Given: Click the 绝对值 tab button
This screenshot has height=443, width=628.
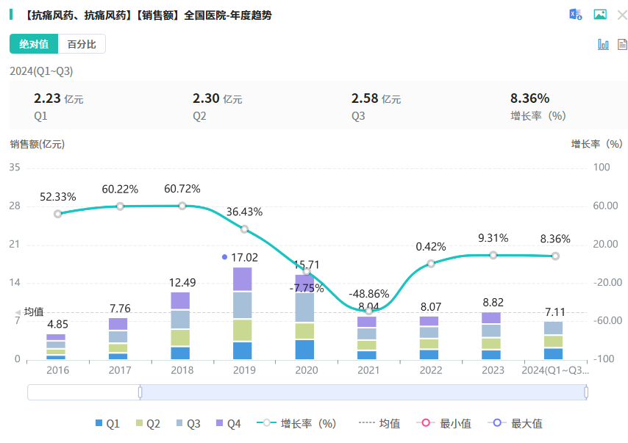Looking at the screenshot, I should coord(34,44).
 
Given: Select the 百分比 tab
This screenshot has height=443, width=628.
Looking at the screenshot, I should coord(82,44).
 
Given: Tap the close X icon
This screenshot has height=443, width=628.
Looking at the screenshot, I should coord(622,15).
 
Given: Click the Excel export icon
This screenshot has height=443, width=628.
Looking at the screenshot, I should coord(575,15).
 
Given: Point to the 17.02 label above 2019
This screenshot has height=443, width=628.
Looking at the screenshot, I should coord(244,257).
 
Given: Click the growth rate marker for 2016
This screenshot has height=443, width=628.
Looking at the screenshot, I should coord(58,214).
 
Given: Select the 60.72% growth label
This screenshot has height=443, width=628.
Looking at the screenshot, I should coord(182,189).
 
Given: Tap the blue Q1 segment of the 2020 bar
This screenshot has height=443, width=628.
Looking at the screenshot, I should coord(306,350).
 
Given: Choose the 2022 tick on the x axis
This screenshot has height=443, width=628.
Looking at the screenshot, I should coord(431,370).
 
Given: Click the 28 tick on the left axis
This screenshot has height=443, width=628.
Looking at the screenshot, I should coord(15,206).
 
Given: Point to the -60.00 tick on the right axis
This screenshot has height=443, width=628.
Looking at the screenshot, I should coord(607,321).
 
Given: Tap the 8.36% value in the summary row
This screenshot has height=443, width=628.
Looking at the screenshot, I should coord(529,98).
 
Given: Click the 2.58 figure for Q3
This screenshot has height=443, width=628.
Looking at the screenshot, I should coord(365,98).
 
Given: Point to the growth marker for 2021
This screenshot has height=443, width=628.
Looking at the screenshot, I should coord(368,311).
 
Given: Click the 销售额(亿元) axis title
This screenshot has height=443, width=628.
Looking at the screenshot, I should coord(37,144).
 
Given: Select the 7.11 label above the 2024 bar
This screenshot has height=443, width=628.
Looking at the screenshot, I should coord(556,312).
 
